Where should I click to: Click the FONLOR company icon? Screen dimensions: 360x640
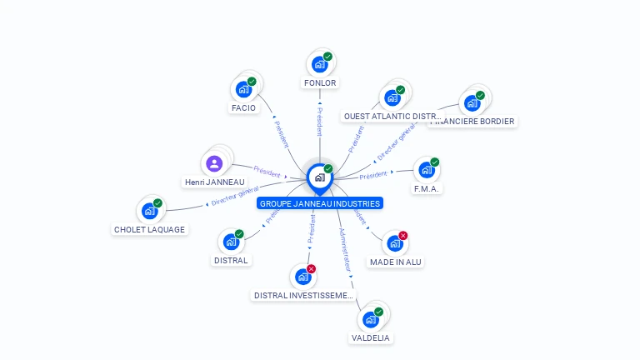coord(319,64)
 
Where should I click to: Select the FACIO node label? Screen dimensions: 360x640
coord(243,107)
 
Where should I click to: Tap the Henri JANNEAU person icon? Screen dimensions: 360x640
coord(214,162)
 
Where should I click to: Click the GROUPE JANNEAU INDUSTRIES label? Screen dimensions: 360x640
coord(320,203)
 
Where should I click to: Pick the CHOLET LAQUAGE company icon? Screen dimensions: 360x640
coord(149,210)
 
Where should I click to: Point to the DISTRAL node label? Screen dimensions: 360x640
coord(231,260)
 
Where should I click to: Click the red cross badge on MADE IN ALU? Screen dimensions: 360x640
coord(403,236)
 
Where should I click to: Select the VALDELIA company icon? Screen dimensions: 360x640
coord(370,319)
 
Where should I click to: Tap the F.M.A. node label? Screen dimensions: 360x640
coord(427,188)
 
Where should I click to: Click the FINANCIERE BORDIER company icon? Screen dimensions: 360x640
coord(472,102)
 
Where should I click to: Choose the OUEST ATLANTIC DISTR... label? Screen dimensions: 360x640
coord(392,117)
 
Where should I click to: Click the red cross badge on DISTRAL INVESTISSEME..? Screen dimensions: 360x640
coord(311,268)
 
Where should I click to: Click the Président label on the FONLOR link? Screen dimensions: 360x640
coord(319,121)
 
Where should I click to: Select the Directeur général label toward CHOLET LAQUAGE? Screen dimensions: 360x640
coord(235,197)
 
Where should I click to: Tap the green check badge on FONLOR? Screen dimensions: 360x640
coord(328,57)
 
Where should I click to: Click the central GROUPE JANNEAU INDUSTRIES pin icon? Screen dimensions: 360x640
coord(319,177)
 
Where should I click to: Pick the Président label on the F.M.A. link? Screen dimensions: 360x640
coord(374,175)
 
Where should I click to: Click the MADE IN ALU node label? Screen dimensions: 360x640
coord(396,262)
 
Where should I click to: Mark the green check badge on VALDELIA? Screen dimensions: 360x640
coord(379,312)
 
